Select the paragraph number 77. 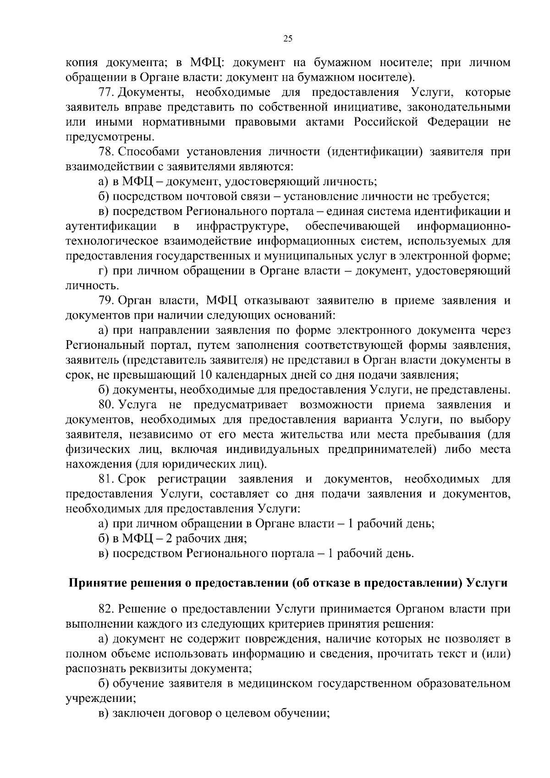pyautogui.click(x=106, y=93)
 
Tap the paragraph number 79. pyautogui.click(x=106, y=301)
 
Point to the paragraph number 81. pyautogui.click(x=106, y=480)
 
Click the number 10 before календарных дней pyautogui.click(x=206, y=375)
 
